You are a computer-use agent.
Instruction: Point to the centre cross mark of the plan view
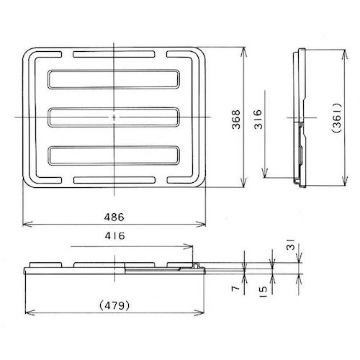coord(114,117)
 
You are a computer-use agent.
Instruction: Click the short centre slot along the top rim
coord(114,55)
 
